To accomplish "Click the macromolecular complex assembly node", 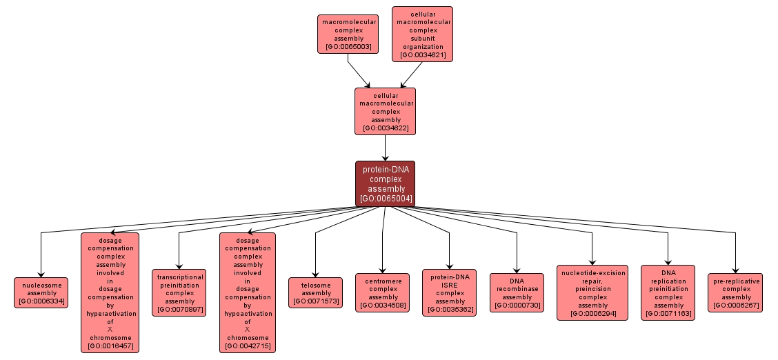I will [x=348, y=34].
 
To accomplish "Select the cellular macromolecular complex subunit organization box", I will [x=422, y=34].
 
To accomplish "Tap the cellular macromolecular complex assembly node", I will [x=385, y=110].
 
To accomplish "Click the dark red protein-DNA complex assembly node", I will [x=385, y=183].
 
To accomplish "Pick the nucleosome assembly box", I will [x=41, y=292].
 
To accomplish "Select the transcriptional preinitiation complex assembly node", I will [x=179, y=292].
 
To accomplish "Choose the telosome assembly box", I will [x=315, y=292].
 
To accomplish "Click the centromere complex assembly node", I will [x=382, y=292].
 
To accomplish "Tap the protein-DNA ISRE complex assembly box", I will [x=450, y=292].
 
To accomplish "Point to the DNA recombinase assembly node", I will [x=517, y=292].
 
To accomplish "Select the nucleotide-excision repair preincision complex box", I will [x=592, y=292].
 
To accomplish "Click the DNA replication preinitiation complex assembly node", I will [x=668, y=292].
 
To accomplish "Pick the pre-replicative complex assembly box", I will [x=735, y=292].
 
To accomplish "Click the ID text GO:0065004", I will [x=385, y=198].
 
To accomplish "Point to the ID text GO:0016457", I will [x=110, y=346].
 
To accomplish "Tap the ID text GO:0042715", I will [x=247, y=346].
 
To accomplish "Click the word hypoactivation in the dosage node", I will [x=247, y=313].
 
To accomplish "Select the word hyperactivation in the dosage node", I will [x=110, y=313].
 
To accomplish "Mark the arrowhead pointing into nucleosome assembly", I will [x=41, y=274].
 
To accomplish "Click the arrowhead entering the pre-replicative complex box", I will [x=735, y=270].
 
